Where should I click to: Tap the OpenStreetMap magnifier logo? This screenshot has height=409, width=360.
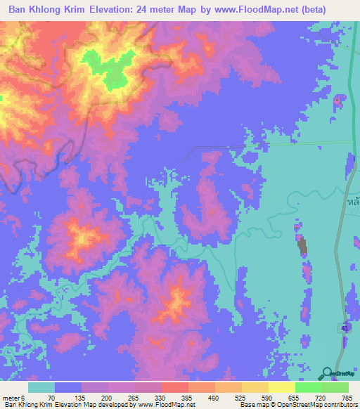(x=327, y=373)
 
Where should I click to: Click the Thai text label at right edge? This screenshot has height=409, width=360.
(x=354, y=200)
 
